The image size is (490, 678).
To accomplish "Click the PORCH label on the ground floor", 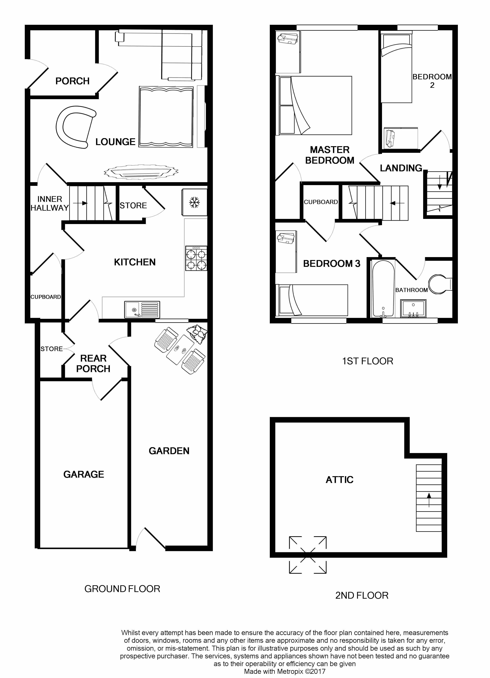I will tap(72, 81).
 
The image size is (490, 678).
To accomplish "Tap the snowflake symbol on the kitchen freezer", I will tap(195, 202).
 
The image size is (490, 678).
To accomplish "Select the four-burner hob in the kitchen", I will tap(196, 258).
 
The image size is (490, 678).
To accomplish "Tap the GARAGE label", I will tap(84, 474).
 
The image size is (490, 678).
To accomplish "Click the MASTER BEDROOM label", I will tap(330, 155).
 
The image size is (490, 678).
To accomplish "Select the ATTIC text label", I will tap(340, 480).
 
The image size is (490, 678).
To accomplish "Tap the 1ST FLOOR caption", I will tap(367, 361).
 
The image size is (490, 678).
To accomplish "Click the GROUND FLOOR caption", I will tap(122, 589).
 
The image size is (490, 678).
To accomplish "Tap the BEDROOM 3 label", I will tap(332, 264).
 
